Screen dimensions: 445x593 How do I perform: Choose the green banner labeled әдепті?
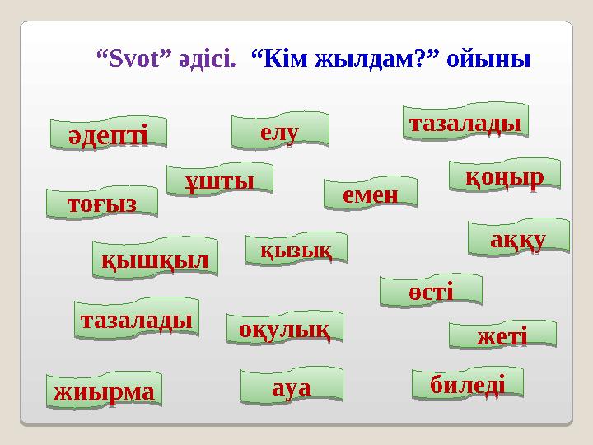click(108, 134)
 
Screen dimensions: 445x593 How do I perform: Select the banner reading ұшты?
click(220, 180)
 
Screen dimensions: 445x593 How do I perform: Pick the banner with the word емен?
click(371, 194)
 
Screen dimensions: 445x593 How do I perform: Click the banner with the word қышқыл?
click(155, 257)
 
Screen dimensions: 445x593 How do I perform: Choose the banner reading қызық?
click(296, 248)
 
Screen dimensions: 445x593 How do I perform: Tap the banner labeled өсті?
click(430, 291)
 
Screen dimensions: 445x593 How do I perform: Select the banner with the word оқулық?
click(284, 327)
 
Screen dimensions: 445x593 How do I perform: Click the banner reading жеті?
click(502, 335)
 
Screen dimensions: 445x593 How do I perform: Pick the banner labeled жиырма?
click(105, 391)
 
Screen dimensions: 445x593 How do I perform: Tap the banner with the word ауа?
click(291, 386)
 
